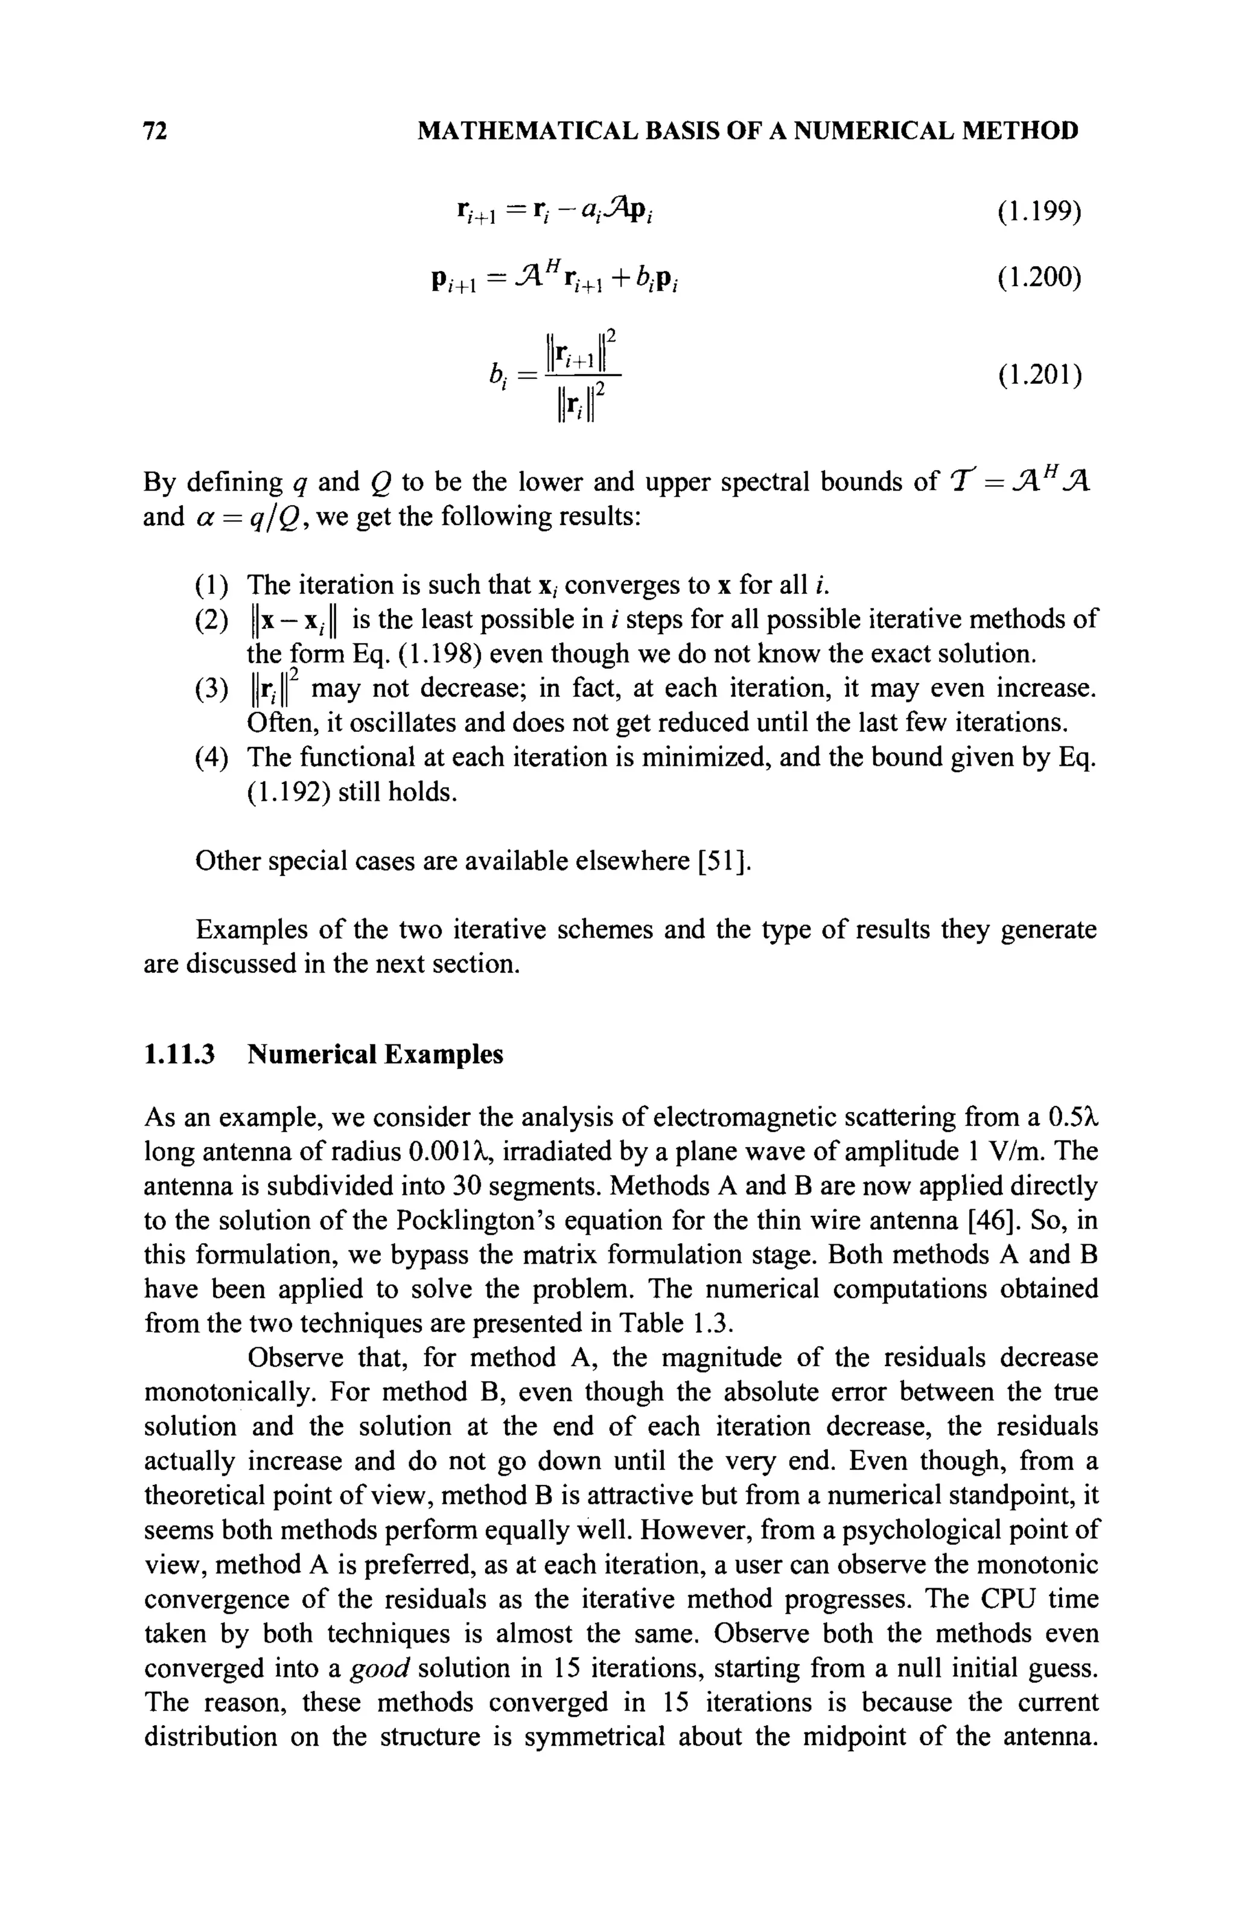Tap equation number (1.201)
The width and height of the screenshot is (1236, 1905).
(1039, 374)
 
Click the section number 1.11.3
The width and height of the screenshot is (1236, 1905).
(179, 1054)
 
